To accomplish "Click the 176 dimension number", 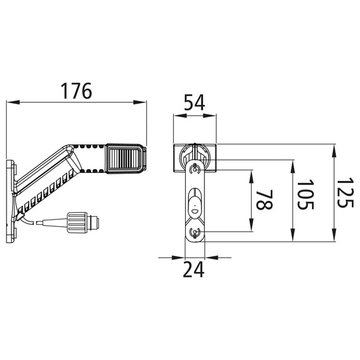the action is (x=77, y=91).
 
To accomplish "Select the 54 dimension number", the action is (x=194, y=103).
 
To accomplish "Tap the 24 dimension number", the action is (x=194, y=270).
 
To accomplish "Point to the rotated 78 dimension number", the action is (x=264, y=200).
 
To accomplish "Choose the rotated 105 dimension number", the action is (x=305, y=194).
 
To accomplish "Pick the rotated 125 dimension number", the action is (x=345, y=192).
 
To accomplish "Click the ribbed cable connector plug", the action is (x=83, y=222).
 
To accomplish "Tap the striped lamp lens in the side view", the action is (x=124, y=158).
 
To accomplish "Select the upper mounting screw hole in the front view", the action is (x=194, y=170).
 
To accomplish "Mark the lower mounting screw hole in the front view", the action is (x=194, y=234).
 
